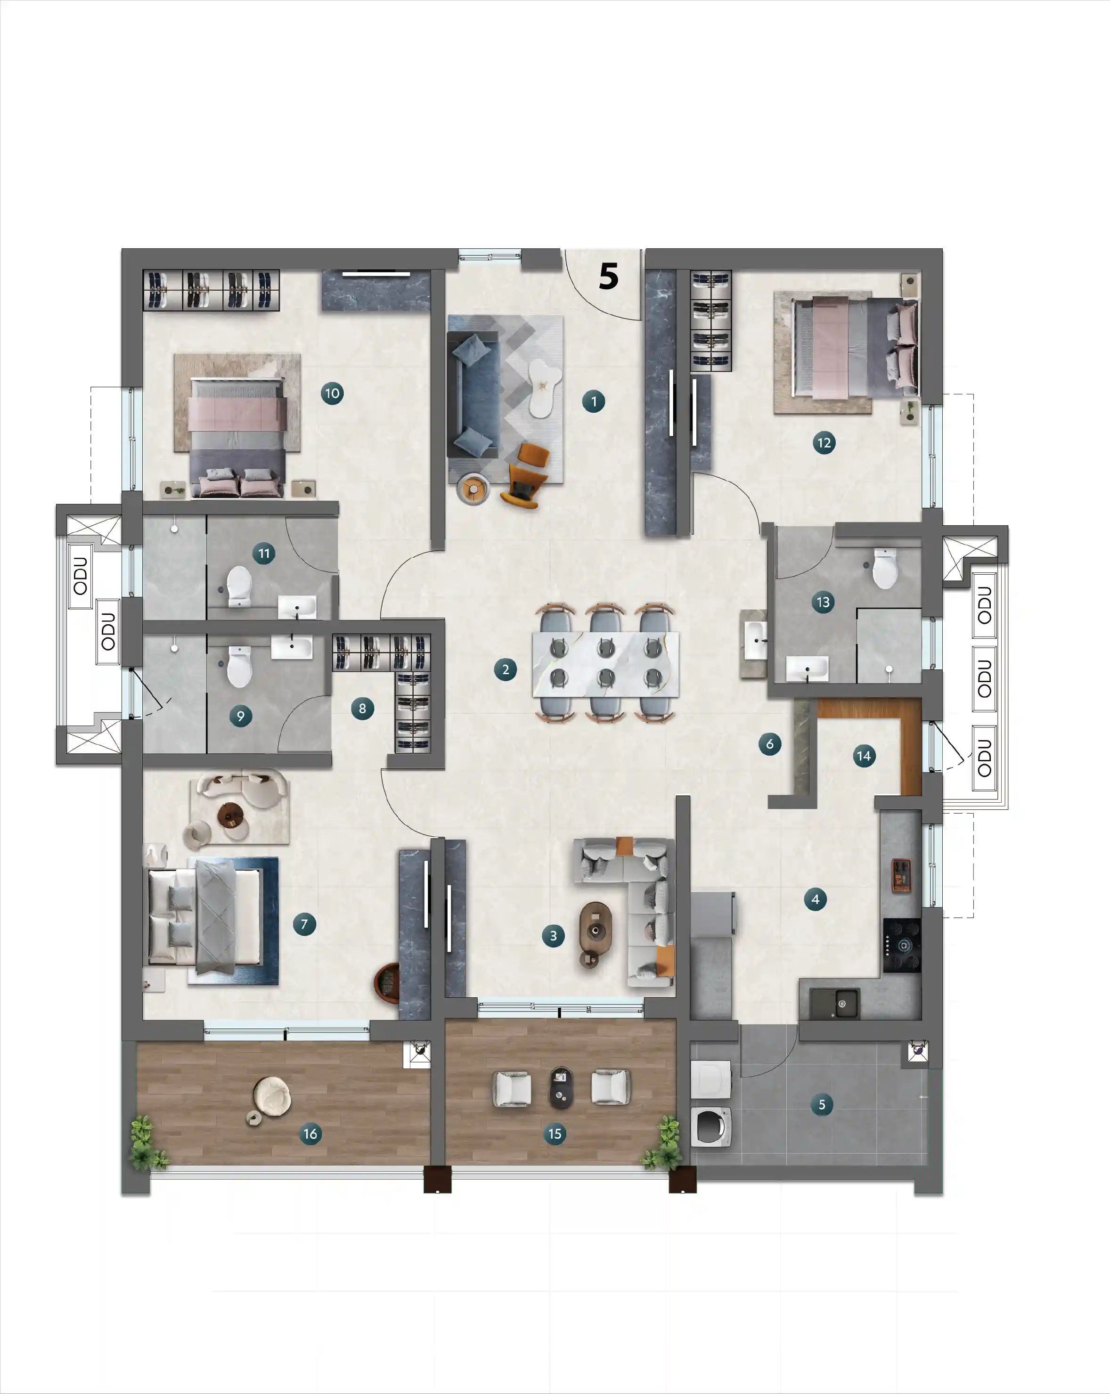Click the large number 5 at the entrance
pos(608,276)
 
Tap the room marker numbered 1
pos(594,401)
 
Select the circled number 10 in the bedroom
pos(332,393)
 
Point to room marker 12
pos(824,443)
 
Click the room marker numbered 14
pos(864,756)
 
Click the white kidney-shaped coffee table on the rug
pos(543,387)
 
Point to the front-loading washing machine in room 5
pos(711,1127)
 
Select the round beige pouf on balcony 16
pos(271,1097)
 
